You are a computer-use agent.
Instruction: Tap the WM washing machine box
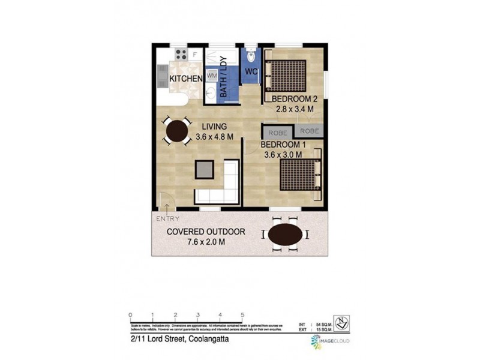(x=211, y=76)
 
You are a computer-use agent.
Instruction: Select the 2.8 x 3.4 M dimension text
(x=295, y=109)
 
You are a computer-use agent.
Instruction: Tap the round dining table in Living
(x=176, y=131)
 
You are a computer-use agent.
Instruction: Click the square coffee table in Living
(x=204, y=169)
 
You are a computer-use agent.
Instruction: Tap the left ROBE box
(x=277, y=132)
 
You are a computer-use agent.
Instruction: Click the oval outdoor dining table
(x=285, y=235)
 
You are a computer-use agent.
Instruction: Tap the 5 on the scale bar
(x=242, y=315)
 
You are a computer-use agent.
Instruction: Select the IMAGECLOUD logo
(x=331, y=340)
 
